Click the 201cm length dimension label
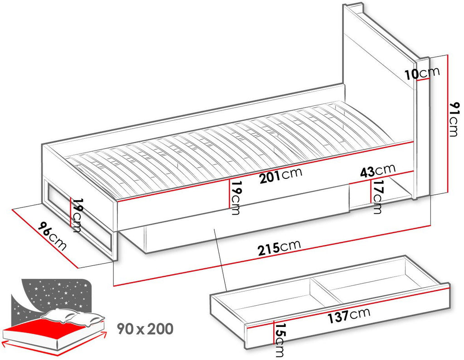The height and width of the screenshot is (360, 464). (281, 175)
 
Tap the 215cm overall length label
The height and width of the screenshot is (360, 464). (279, 248)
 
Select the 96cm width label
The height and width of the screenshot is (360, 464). (52, 236)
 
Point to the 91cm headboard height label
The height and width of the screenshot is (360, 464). (454, 119)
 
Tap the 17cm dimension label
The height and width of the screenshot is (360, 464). (377, 197)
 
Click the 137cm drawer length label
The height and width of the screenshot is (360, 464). (349, 315)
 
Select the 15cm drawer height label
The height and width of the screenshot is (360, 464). (280, 339)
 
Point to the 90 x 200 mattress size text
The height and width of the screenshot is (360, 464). (145, 329)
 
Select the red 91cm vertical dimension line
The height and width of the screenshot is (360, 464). (449, 124)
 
